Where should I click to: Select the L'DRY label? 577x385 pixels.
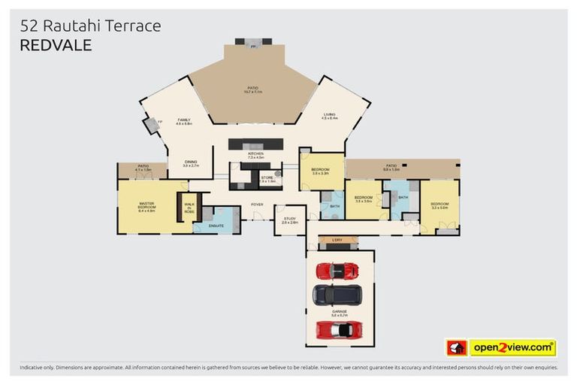pos(337,240)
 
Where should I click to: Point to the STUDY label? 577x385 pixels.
pos(289,220)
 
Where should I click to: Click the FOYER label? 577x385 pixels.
pos(257,205)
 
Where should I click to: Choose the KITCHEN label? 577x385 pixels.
pos(256,156)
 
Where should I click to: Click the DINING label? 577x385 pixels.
pos(191,163)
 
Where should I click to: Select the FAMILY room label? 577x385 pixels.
pos(184,121)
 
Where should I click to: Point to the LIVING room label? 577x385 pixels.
pos(330,116)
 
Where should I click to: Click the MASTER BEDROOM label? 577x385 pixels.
pos(147,205)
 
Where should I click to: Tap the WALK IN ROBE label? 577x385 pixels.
pos(189,206)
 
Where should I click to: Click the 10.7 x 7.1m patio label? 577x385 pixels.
pos(253,90)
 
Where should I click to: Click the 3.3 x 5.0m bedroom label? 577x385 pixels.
pos(439,205)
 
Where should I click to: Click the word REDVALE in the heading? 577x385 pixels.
pos(56,45)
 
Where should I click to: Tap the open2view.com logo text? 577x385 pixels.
pos(512,348)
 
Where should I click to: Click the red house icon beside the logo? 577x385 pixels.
pos(456,348)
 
